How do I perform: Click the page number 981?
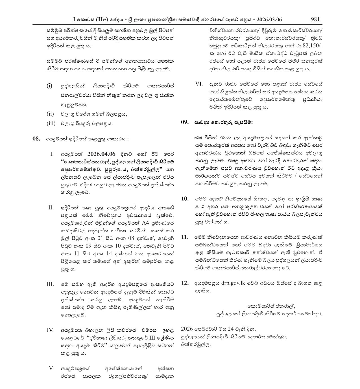[315, 19]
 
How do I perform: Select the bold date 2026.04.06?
[101, 154]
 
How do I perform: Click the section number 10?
[185, 199]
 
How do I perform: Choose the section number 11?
[185, 237]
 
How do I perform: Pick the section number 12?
[185, 283]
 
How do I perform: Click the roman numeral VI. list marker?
[199, 84]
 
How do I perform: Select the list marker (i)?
[49, 86]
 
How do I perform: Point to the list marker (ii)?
[50, 114]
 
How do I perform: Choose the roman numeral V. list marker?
[51, 368]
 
